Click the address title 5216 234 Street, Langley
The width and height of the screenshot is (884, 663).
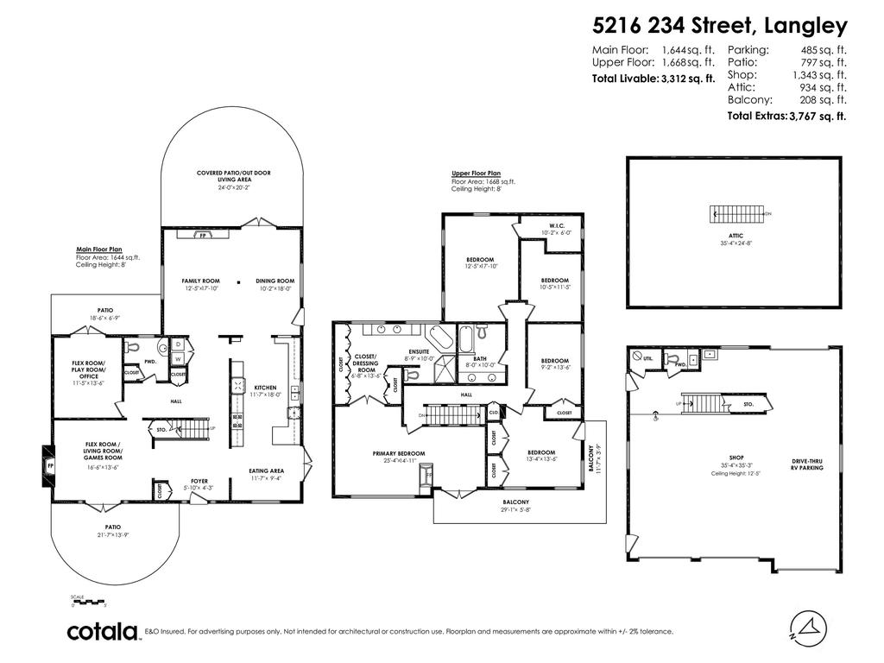720,25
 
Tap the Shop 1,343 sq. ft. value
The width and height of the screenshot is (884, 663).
819,75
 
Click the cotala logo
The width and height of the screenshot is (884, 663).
104,632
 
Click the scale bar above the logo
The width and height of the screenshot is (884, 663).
87,602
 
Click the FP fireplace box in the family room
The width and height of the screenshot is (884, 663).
203,235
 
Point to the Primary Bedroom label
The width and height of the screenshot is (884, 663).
395,456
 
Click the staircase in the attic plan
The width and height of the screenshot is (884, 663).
737,213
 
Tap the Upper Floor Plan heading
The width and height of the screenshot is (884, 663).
476,174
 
